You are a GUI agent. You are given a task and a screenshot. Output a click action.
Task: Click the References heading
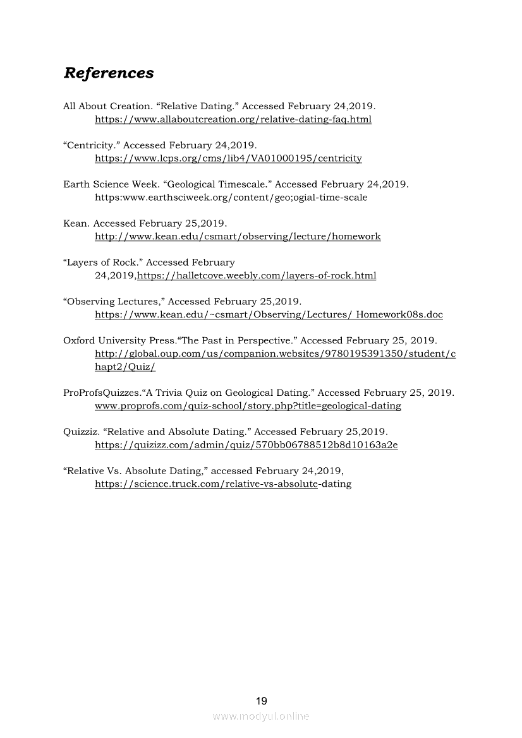[108, 73]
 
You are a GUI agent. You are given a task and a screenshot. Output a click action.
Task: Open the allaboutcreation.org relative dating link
[233, 119]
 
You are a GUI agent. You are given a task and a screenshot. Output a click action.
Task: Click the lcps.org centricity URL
[228, 158]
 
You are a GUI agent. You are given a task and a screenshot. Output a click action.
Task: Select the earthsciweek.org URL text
[231, 198]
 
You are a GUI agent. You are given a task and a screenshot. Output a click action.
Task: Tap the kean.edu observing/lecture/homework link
[238, 237]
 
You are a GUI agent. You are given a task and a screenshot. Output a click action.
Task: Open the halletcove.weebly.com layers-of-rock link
[257, 276]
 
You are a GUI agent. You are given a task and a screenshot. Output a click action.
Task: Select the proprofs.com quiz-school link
[248, 406]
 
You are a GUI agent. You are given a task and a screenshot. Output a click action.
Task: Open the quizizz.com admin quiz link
[246, 445]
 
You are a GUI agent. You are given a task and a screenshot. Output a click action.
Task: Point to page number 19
[261, 701]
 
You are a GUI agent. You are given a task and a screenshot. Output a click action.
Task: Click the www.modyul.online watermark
[261, 717]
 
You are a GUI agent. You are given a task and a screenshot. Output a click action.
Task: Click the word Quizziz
[81, 432]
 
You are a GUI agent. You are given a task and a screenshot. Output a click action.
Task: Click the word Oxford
[79, 341]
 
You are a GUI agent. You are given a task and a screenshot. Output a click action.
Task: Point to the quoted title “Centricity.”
[91, 145]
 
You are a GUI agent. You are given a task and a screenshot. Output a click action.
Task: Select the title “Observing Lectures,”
[114, 302]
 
